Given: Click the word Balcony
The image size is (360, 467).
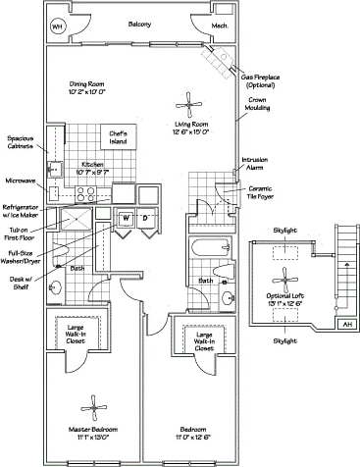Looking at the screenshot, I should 139,25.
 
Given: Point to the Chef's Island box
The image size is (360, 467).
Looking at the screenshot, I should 119,137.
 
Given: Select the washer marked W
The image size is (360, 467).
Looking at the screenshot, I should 126,218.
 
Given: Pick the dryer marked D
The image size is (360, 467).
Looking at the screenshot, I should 145,218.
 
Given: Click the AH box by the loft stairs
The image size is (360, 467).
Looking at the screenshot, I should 347,324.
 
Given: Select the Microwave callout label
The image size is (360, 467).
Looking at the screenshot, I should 21,181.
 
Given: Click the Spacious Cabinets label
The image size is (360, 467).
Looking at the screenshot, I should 22,143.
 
